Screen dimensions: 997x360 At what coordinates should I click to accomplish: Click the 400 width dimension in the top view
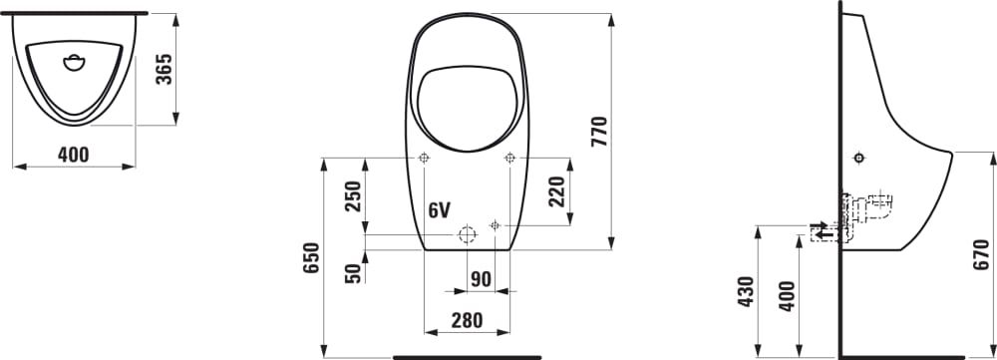click(x=74, y=155)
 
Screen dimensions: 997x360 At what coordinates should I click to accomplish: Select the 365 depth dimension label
click(x=165, y=70)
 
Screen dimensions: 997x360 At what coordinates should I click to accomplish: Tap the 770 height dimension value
click(x=599, y=132)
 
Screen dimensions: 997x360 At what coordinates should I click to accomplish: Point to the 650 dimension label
click(x=311, y=257)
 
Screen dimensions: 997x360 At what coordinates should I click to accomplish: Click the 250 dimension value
click(x=353, y=196)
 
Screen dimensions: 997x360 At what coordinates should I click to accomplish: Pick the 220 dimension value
click(x=556, y=192)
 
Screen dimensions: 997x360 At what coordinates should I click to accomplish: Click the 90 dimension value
click(x=482, y=278)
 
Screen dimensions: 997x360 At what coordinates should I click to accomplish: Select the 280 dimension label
click(x=467, y=320)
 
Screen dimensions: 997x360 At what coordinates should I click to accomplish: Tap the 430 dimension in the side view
click(x=745, y=292)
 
